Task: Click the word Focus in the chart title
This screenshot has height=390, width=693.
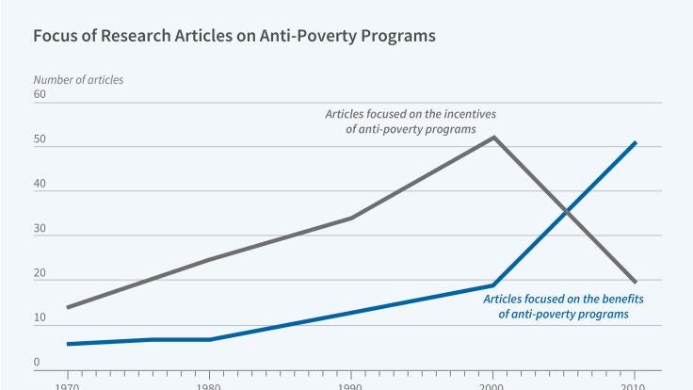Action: (x=56, y=38)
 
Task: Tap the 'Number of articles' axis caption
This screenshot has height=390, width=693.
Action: (x=78, y=80)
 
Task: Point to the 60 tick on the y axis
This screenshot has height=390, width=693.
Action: (x=40, y=95)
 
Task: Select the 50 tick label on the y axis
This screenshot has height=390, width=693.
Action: (x=40, y=140)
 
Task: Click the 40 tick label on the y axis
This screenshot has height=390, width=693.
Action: (x=40, y=185)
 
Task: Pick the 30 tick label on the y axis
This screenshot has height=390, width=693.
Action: (x=40, y=229)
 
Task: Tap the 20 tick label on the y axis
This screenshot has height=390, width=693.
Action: (x=40, y=274)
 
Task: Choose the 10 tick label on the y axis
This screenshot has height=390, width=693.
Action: (x=40, y=318)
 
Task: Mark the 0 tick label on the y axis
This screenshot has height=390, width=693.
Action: (x=37, y=363)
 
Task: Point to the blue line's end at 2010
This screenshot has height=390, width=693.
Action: (x=636, y=142)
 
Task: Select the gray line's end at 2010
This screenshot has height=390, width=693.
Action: (x=636, y=282)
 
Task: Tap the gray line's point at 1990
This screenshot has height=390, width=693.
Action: (x=351, y=218)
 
